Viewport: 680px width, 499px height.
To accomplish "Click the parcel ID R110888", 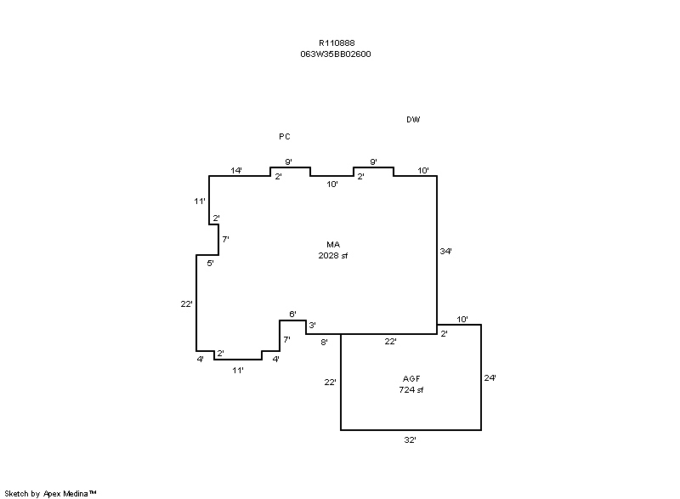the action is coord(337,43).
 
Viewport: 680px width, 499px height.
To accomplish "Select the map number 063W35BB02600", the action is coord(336,54).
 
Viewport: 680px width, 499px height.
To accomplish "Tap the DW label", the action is coord(413,120).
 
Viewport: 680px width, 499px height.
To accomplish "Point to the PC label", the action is coord(285,137).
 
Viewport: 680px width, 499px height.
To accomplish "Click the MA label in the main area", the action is coord(333,245).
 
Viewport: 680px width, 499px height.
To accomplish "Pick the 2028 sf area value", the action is coord(333,256).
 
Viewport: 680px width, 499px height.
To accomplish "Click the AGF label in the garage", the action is coord(411,379).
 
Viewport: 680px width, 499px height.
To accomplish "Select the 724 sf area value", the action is coord(411,390).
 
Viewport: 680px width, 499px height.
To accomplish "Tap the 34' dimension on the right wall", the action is coord(445,251).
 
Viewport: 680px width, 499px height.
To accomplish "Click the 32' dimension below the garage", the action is coord(411,440).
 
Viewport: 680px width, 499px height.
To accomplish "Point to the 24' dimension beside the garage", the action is coord(490,378).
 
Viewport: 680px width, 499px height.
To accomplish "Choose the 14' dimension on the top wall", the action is coord(236,170).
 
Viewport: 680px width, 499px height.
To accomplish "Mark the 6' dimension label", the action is coord(292,314).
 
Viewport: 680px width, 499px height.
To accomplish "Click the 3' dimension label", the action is coord(312,325).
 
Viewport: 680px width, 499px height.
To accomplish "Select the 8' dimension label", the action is coord(324,342).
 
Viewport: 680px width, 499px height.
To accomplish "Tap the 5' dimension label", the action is coord(210,264).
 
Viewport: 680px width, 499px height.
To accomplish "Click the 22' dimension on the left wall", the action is coord(186,304).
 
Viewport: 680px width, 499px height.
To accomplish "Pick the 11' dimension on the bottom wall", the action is coord(238,371).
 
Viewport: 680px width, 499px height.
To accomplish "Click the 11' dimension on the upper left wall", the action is coord(200,201).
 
